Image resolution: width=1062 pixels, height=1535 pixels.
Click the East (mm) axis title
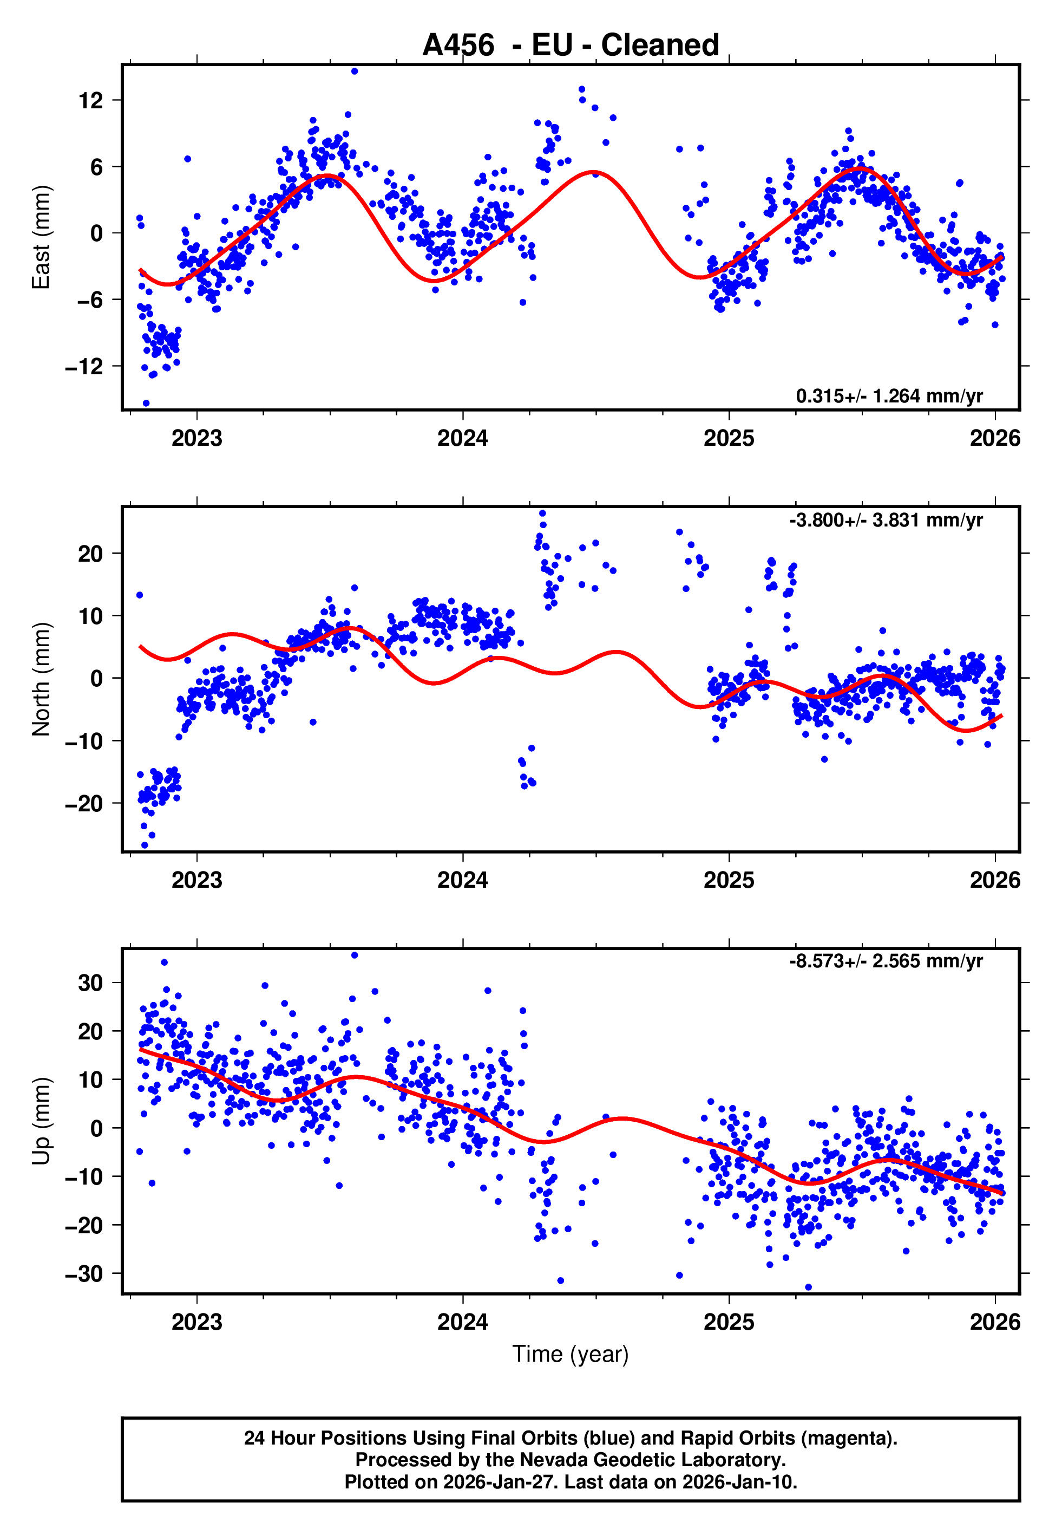41,237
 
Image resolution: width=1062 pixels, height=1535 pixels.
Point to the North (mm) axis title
41,679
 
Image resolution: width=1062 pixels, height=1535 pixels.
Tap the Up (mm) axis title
41,1121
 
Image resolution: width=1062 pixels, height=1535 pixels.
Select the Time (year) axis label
571,1354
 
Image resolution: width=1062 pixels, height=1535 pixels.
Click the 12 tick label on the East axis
91,101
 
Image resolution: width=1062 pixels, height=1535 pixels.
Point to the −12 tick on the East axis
84,366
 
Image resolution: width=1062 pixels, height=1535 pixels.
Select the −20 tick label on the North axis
84,803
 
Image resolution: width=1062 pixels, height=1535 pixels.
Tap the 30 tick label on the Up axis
90,983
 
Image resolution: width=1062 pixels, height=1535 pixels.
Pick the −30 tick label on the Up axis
84,1273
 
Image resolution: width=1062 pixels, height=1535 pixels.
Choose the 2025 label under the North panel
729,880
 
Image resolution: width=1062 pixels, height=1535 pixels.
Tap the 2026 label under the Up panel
995,1322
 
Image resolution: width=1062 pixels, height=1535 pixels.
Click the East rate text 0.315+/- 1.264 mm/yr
889,396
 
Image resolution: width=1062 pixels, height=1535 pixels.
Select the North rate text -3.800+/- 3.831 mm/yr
886,520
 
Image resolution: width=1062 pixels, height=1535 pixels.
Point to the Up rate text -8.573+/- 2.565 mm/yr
886,961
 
